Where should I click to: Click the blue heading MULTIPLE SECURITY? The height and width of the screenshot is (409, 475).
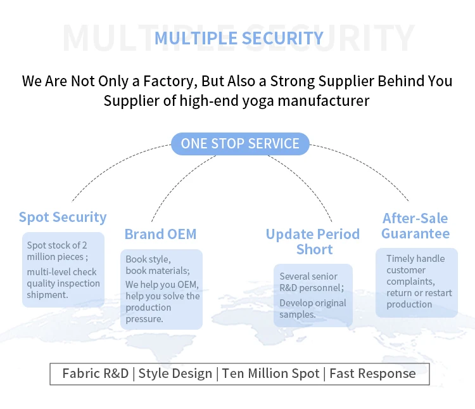239,38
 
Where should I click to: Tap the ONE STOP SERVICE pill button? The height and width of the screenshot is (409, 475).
240,143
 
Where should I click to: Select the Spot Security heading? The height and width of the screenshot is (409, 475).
63,217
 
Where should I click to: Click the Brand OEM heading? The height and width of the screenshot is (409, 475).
160,234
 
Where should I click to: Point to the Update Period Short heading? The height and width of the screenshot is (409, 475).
313,242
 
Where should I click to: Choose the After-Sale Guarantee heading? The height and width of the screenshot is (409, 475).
415,226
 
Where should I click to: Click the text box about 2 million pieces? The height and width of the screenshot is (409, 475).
63,269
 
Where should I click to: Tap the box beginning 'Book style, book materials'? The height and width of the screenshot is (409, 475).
161,289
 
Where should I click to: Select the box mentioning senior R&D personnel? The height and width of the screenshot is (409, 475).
313,295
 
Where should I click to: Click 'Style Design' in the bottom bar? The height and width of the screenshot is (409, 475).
175,373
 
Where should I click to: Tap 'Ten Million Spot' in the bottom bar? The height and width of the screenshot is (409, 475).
271,373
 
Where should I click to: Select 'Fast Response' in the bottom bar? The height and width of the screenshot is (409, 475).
372,373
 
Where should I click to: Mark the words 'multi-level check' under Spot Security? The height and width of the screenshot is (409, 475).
62,272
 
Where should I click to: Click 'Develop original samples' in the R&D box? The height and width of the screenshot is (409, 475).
313,309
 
